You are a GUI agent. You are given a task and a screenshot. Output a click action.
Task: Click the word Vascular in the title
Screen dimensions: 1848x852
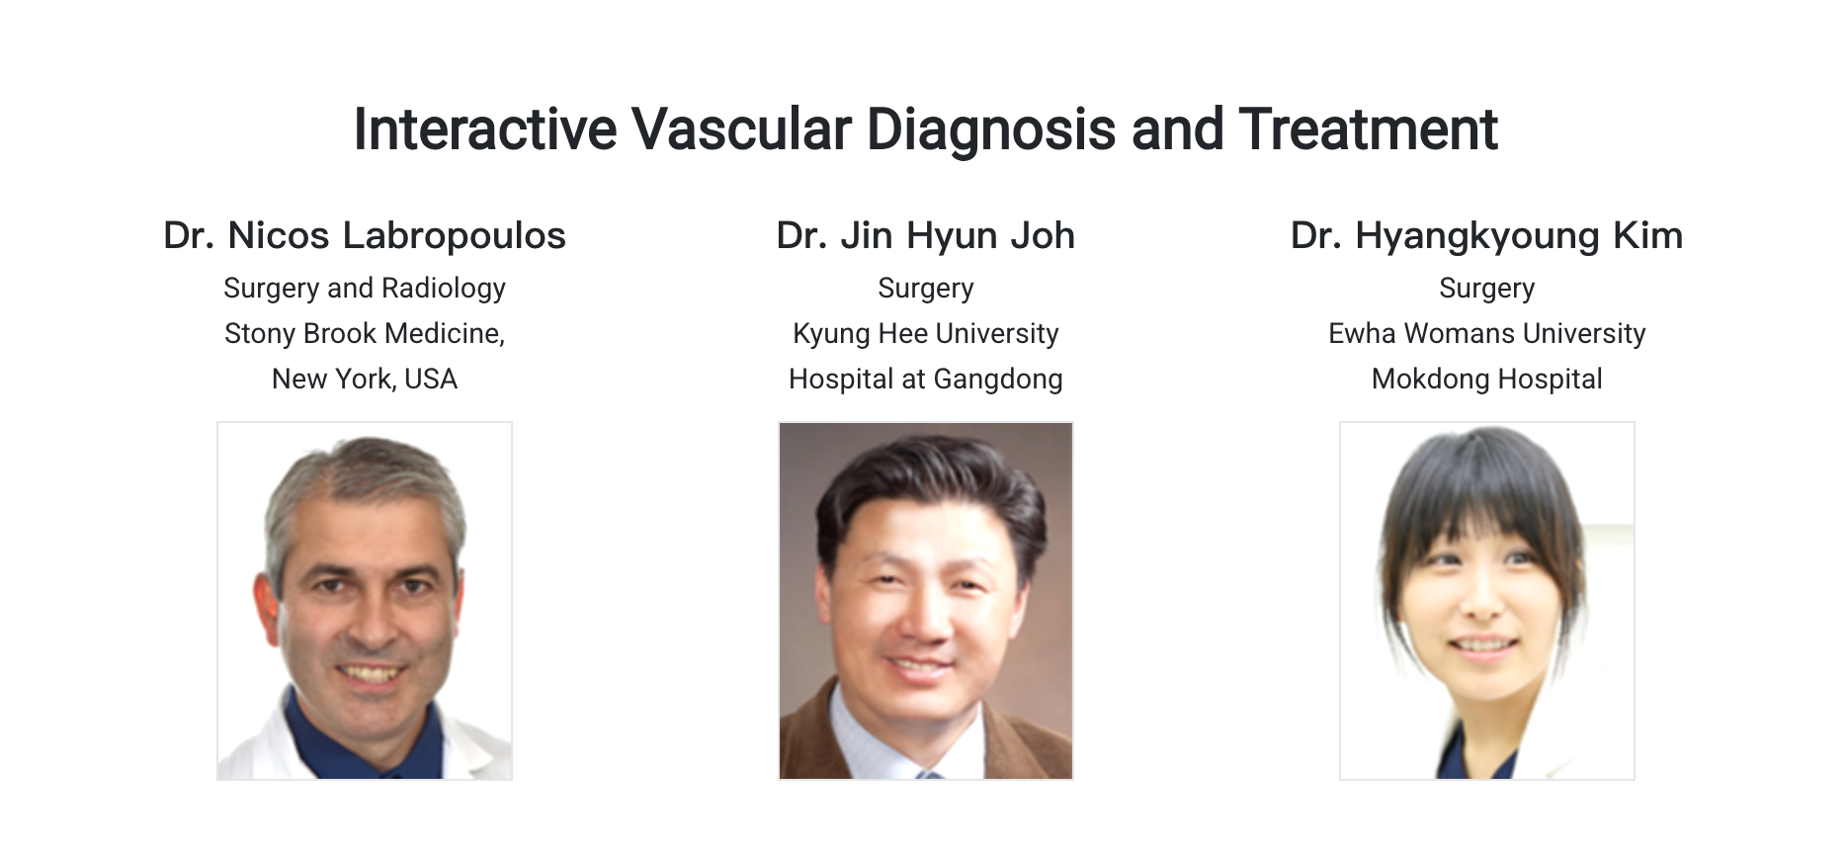coord(741,129)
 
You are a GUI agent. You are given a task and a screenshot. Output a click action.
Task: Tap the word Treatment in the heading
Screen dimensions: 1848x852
coord(1369,129)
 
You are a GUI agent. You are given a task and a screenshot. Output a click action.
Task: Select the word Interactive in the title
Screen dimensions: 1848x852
coord(484,129)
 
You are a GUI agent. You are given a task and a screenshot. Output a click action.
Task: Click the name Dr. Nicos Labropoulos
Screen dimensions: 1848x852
coord(365,236)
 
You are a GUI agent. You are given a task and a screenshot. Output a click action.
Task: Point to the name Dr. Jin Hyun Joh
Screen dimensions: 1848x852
coord(926,236)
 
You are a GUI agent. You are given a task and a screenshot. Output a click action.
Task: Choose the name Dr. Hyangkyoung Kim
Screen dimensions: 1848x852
coord(1487,236)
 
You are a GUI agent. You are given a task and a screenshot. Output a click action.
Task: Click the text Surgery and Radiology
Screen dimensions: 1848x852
coord(365,289)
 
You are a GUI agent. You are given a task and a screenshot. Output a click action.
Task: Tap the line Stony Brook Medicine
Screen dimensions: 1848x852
coord(365,334)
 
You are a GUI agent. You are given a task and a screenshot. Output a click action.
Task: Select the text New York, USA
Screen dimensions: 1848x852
coord(365,380)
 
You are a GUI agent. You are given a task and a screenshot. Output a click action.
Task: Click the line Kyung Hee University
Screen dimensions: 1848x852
coord(926,334)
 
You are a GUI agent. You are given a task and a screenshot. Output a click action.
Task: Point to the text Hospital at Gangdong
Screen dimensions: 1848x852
coord(926,380)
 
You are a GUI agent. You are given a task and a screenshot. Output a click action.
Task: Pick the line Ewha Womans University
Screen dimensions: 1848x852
coord(1487,334)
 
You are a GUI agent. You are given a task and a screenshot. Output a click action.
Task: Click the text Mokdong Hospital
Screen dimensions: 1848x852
coord(1487,380)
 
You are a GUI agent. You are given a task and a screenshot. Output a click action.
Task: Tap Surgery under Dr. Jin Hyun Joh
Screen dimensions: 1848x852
coord(926,289)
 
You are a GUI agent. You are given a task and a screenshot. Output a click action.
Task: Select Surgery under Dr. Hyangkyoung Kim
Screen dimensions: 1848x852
coord(1487,289)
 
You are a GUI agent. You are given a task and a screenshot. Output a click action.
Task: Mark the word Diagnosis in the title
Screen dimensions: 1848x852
coord(991,129)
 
